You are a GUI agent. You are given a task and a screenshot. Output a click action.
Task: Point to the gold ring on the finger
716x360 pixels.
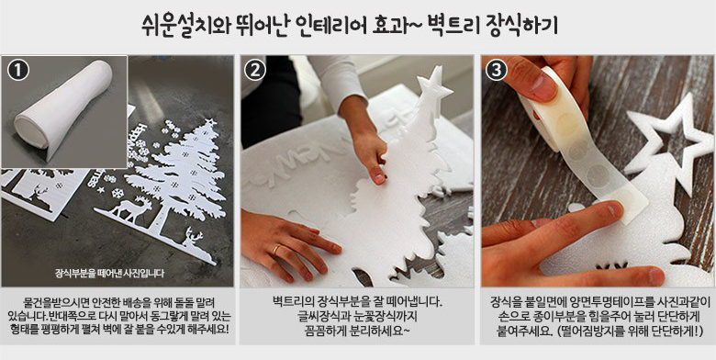click(x=275, y=250)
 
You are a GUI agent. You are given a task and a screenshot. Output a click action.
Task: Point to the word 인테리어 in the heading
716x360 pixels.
click(x=341, y=28)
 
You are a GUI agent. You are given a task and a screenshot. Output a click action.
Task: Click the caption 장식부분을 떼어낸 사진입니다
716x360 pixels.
click(x=109, y=274)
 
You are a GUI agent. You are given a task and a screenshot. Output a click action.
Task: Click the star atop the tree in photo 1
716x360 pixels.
click(x=210, y=122)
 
